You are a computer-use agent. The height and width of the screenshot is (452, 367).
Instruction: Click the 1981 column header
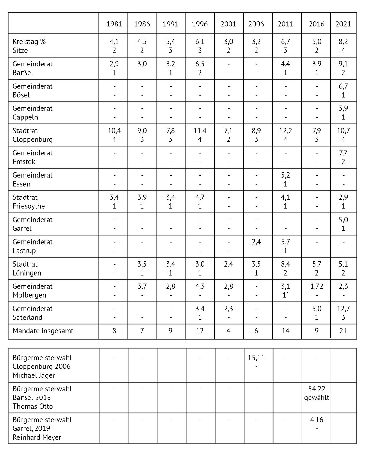click(114, 24)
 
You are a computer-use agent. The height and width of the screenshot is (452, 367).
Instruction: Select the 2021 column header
click(343, 24)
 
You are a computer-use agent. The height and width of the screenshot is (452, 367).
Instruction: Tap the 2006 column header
click(256, 24)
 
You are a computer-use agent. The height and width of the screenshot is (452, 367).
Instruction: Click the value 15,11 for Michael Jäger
click(256, 358)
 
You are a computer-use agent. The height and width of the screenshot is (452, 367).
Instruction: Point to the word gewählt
click(317, 398)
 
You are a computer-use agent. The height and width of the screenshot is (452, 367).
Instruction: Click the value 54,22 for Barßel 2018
click(317, 389)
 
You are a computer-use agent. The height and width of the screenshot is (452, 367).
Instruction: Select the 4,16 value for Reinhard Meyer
click(317, 420)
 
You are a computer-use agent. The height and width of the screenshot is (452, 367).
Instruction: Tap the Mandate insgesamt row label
click(43, 331)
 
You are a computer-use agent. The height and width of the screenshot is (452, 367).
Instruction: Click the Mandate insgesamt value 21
click(343, 331)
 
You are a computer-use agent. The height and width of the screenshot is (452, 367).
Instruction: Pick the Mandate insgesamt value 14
click(285, 331)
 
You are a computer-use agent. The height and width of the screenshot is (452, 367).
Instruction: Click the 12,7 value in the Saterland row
click(343, 309)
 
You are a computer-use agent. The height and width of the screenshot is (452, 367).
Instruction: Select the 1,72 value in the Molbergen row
click(317, 286)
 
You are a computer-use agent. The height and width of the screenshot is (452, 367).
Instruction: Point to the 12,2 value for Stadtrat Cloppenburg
click(285, 131)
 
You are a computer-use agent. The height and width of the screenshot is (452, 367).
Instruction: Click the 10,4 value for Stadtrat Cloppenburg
click(114, 131)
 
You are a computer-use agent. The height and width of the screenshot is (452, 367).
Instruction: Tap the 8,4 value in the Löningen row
click(285, 264)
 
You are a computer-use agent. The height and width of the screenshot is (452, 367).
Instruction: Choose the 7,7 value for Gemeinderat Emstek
click(343, 153)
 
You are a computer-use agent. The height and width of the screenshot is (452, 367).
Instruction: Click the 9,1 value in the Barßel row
click(343, 64)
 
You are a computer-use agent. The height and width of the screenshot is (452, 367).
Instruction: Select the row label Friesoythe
click(29, 206)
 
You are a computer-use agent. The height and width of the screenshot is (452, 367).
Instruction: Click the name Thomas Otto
click(33, 406)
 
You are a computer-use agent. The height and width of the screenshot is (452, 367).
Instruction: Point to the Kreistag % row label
click(29, 42)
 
